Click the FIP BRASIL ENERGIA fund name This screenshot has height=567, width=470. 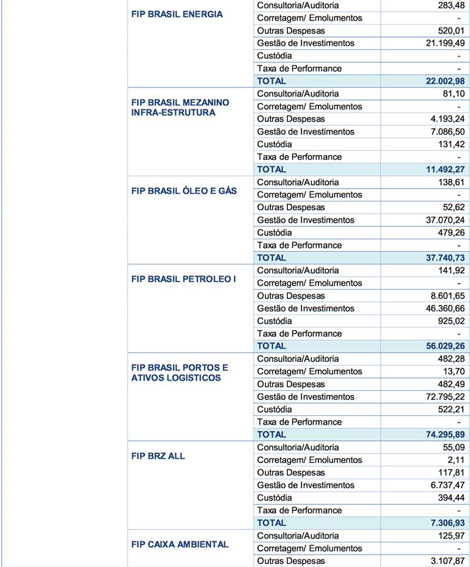point(177,14)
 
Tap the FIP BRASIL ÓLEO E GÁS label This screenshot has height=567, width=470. point(184,191)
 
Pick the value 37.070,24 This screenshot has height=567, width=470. point(440,220)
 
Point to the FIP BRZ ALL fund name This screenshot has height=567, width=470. point(158,456)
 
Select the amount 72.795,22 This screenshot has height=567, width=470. point(440,397)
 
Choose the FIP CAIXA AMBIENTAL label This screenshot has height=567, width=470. point(180,544)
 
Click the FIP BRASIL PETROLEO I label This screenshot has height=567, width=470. point(183,279)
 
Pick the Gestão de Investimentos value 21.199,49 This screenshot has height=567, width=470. point(440,43)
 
